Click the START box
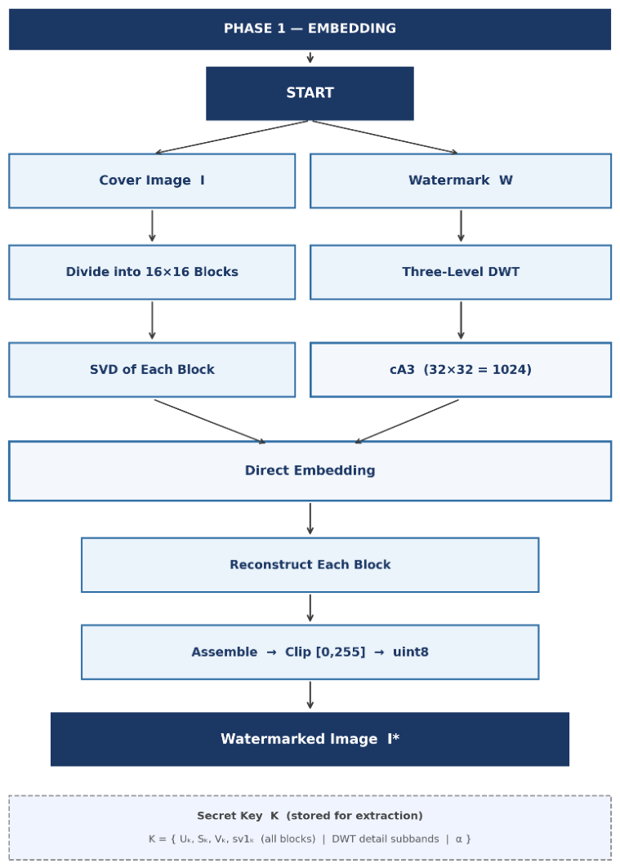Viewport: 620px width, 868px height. [x=310, y=94]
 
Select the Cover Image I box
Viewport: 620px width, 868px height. [x=152, y=181]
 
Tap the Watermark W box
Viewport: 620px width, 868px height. [x=461, y=181]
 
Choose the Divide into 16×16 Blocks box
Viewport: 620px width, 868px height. [x=152, y=273]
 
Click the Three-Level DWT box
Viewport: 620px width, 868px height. [x=461, y=273]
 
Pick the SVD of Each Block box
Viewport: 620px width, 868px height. [x=152, y=370]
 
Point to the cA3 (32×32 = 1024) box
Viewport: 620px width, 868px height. [x=461, y=370]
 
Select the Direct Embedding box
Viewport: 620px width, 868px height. [x=310, y=471]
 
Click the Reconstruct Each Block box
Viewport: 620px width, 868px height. [x=310, y=564]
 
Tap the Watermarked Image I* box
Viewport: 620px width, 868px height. [x=310, y=739]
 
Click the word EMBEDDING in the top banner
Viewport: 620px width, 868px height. [x=352, y=29]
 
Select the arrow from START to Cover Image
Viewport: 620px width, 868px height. [x=231, y=136]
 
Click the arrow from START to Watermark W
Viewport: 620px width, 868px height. [x=386, y=136]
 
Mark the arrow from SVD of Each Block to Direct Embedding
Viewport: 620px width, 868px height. [x=210, y=421]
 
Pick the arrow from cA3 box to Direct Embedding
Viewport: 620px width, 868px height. [x=407, y=421]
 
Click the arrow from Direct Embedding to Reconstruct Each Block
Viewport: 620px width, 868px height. [x=310, y=519]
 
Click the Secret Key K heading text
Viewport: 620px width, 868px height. [x=310, y=816]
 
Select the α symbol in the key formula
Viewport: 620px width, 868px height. [x=459, y=839]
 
